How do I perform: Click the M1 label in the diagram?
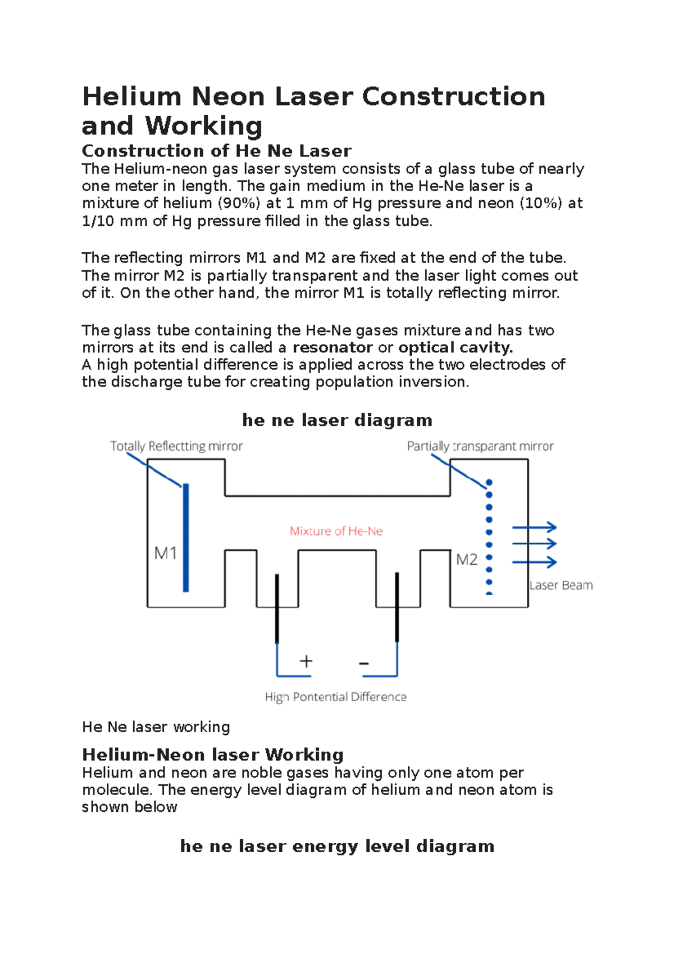click(166, 553)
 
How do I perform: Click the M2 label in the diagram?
click(466, 560)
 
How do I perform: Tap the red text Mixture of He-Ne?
click(336, 531)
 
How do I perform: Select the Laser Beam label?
click(561, 585)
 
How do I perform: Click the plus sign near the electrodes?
click(306, 661)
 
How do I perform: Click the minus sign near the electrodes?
click(364, 664)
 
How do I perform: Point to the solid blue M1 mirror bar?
click(186, 538)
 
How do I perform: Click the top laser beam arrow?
click(534, 527)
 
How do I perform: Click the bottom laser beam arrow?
click(534, 562)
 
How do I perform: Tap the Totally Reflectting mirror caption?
click(176, 446)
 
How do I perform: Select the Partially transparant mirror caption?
click(480, 446)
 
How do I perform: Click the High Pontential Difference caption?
click(335, 697)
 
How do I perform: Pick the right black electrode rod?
click(397, 607)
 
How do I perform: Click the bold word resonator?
click(333, 347)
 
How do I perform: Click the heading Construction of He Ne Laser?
click(216, 151)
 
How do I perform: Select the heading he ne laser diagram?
click(337, 420)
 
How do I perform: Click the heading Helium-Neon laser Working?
click(212, 755)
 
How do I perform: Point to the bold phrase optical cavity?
click(456, 347)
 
